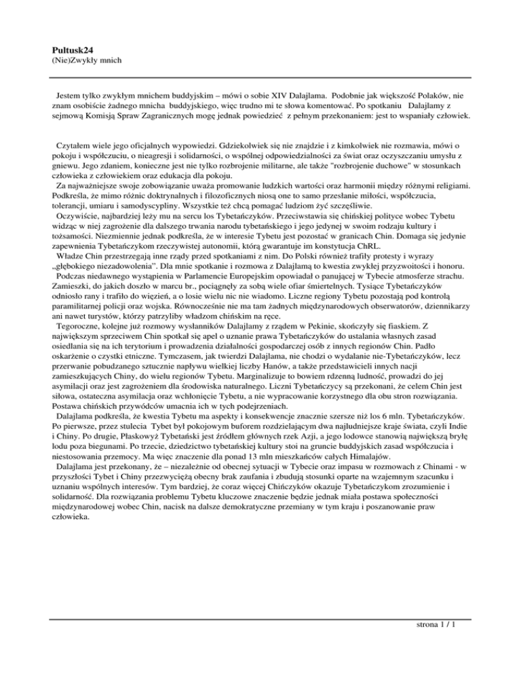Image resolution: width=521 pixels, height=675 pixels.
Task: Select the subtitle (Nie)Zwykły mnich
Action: pyautogui.click(x=84, y=61)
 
